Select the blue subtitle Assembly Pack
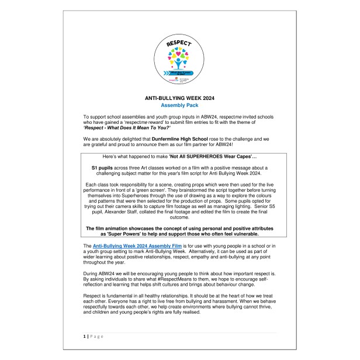tap(179, 106)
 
